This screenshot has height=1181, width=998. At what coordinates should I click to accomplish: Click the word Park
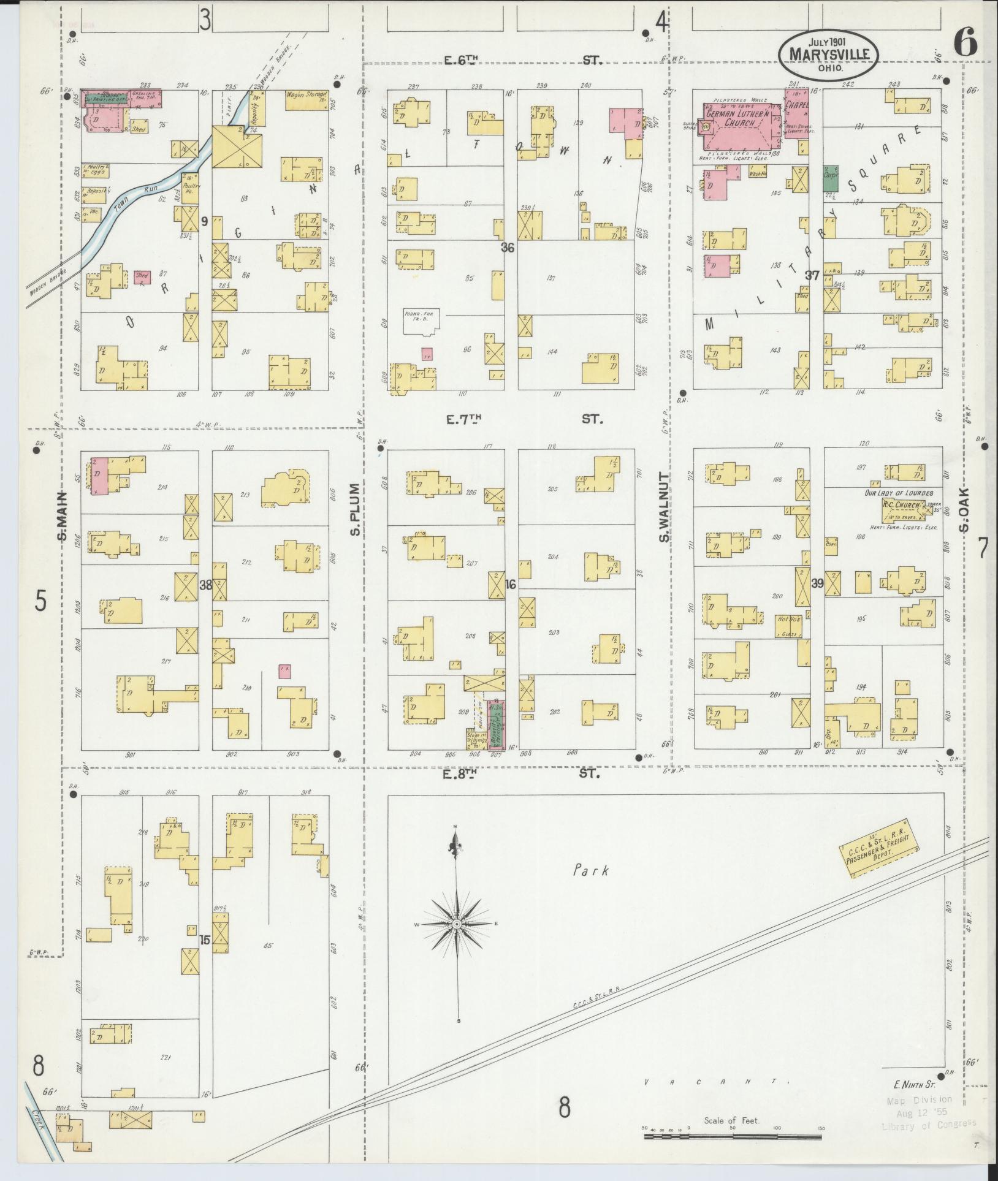click(592, 869)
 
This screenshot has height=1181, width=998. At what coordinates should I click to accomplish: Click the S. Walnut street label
click(664, 507)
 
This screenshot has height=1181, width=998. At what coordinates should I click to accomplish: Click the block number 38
click(206, 585)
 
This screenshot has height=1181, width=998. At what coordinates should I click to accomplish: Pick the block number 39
click(817, 584)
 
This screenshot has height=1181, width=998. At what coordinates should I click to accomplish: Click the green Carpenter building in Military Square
click(831, 177)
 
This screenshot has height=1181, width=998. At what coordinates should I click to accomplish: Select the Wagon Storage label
click(307, 96)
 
